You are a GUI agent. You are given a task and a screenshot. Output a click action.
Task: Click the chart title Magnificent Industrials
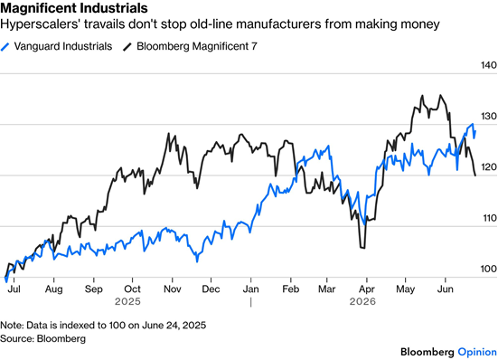click(x=74, y=8)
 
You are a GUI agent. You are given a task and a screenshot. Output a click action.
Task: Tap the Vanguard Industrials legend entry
click(x=57, y=46)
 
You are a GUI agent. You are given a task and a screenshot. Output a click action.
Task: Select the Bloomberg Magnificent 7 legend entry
click(x=190, y=46)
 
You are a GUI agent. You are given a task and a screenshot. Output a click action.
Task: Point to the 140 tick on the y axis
click(x=489, y=65)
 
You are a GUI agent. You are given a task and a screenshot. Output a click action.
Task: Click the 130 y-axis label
click(x=489, y=117)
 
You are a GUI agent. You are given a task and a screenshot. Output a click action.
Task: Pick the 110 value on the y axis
click(x=489, y=218)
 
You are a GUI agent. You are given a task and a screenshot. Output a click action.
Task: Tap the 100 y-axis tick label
click(x=489, y=269)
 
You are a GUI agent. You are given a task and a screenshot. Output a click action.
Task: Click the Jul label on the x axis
click(x=14, y=289)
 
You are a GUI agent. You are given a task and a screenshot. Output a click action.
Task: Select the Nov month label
click(x=172, y=289)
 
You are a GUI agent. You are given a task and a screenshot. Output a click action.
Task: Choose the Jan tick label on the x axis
click(x=251, y=289)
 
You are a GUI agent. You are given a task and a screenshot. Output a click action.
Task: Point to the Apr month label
click(x=367, y=289)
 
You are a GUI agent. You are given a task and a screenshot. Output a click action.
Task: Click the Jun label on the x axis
click(x=446, y=289)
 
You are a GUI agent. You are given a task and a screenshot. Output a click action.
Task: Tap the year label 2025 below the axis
click(x=127, y=301)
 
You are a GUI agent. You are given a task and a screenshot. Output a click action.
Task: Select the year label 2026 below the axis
click(x=362, y=301)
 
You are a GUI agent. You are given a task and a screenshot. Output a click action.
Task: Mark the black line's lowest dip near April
click(x=362, y=248)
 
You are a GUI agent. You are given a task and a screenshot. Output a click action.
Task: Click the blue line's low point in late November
click(x=197, y=261)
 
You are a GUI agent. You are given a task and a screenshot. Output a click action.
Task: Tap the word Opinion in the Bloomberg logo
click(x=477, y=352)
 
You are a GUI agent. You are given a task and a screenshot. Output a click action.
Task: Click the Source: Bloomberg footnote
click(x=42, y=338)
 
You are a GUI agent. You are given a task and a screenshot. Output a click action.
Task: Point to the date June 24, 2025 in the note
click(x=174, y=326)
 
